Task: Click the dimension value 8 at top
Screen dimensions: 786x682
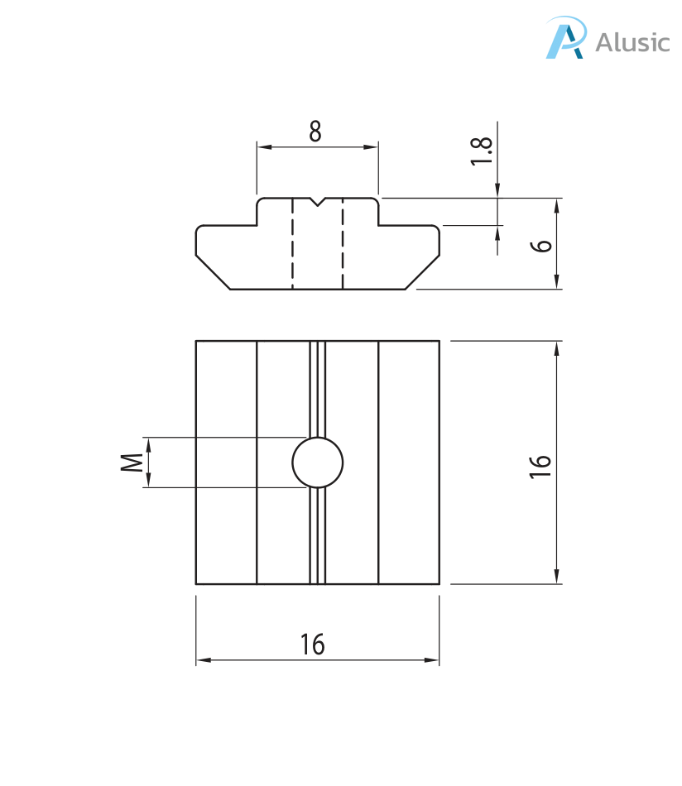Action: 315,132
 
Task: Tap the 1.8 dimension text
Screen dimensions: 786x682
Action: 483,151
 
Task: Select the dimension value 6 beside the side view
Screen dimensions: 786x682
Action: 542,245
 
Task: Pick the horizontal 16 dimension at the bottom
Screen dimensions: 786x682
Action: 313,644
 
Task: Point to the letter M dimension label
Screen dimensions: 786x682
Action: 131,462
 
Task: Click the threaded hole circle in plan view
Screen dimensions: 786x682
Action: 318,462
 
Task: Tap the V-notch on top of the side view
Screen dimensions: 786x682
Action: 318,202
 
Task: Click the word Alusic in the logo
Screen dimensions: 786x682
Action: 632,41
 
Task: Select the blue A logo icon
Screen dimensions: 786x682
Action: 565,39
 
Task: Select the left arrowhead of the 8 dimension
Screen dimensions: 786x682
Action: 263,147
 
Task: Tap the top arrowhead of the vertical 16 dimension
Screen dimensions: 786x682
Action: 557,347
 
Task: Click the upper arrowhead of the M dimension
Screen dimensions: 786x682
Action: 150,444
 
